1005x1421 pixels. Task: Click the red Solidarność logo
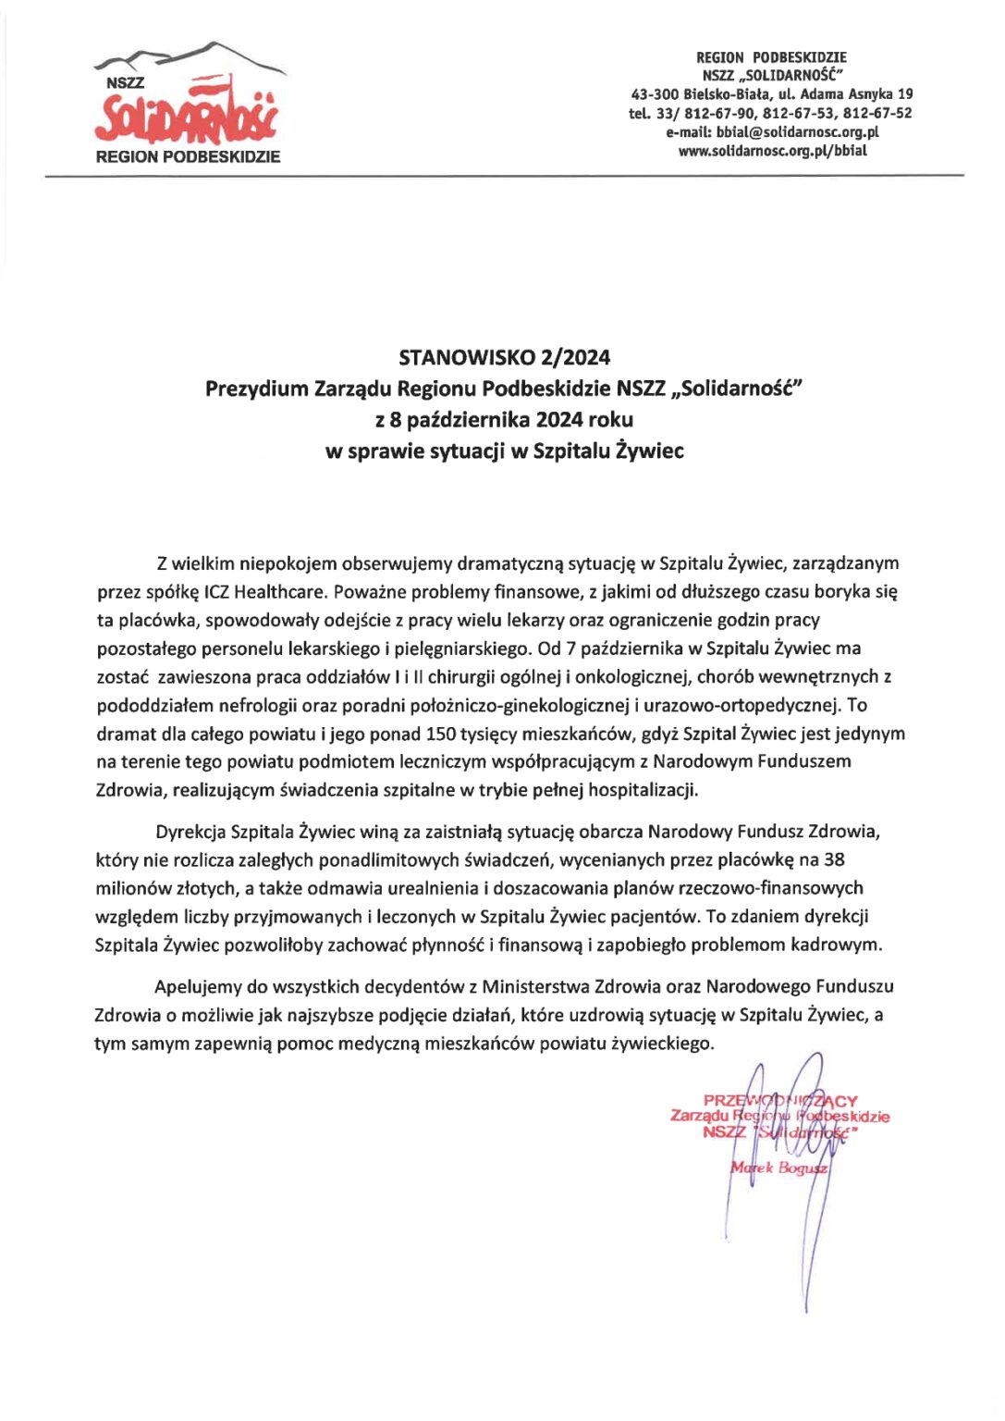tap(186, 116)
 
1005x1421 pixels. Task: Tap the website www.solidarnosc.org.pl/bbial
tap(772, 151)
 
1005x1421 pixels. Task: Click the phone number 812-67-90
tap(719, 113)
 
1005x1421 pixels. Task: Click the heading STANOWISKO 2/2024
tap(504, 357)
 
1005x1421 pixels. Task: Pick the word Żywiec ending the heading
tap(654, 451)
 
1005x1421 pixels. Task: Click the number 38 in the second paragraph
tap(834, 859)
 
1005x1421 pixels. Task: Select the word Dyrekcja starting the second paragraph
tap(190, 831)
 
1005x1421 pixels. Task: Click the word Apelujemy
tap(198, 986)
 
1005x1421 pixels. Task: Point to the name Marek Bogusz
tap(778, 1168)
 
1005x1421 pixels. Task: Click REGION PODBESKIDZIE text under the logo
tap(188, 157)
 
